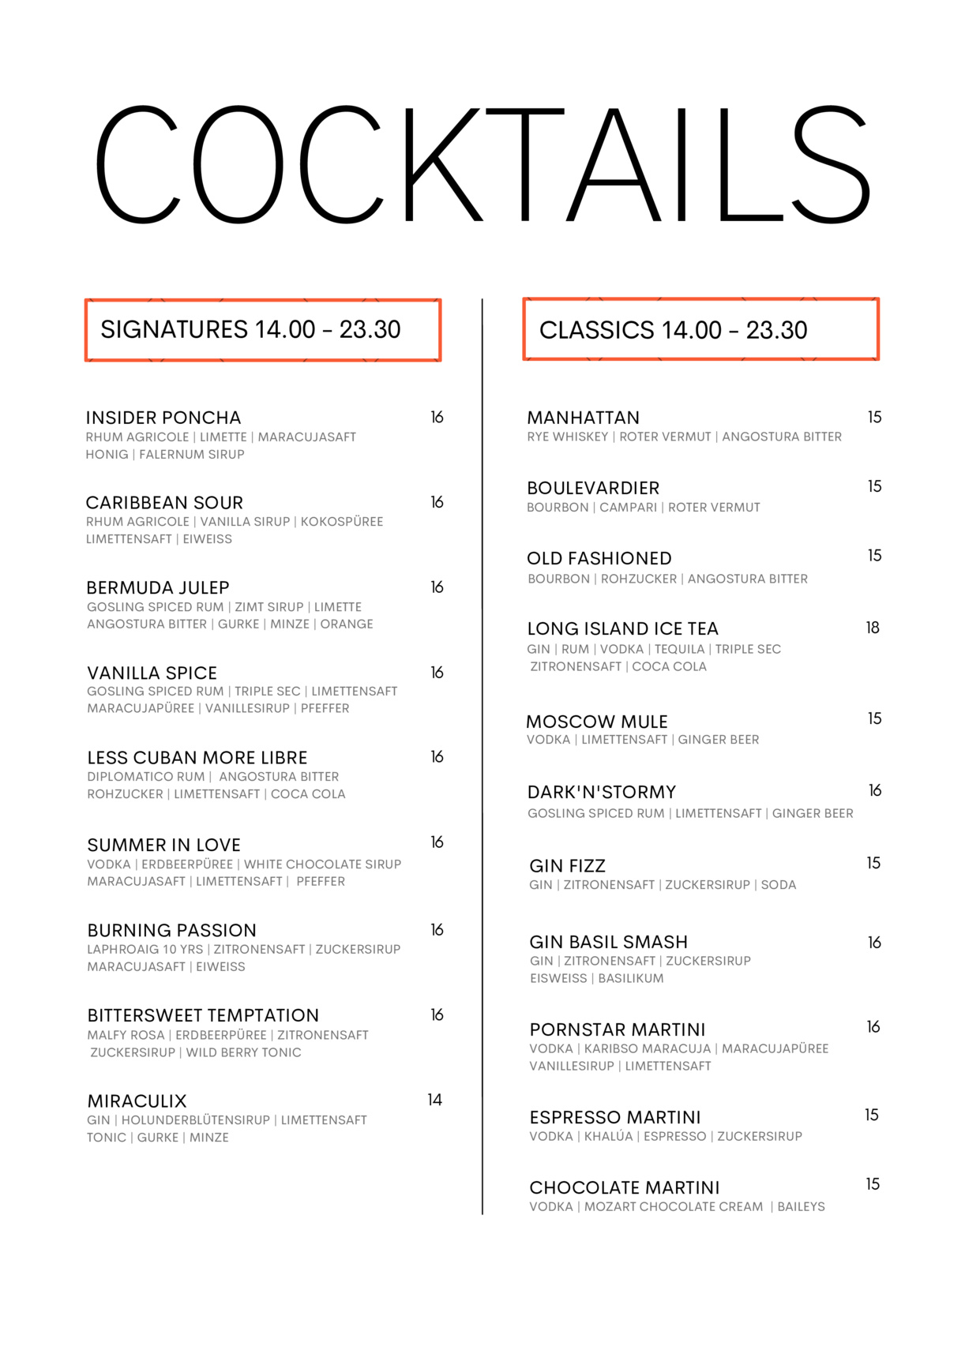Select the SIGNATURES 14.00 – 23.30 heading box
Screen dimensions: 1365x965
point(262,330)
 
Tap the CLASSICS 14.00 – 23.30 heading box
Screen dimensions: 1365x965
point(700,329)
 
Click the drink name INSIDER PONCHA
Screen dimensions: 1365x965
point(163,418)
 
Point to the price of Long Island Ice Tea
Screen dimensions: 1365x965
point(873,628)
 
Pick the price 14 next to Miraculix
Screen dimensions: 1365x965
point(434,1100)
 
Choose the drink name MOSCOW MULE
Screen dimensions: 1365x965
point(597,722)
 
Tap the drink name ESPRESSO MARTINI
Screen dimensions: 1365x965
point(615,1117)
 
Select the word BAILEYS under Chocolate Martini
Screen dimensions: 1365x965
point(801,1206)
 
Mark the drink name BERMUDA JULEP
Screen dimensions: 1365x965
point(158,587)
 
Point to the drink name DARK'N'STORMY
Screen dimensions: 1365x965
point(602,792)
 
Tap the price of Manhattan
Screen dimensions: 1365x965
point(874,417)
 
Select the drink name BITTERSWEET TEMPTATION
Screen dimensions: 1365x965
point(203,1015)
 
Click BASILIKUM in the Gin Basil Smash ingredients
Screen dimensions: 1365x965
point(631,978)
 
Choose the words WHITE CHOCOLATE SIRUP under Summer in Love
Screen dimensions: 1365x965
point(322,864)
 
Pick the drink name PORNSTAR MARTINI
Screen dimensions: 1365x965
point(618,1029)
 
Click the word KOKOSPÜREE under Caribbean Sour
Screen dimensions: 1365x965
point(342,521)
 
